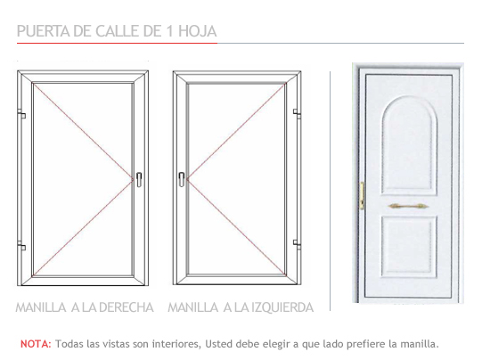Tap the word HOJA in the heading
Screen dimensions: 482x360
click(198, 31)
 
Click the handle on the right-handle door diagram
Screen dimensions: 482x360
click(139, 179)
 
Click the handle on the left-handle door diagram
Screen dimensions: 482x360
click(182, 179)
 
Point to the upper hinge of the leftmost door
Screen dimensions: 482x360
click(21, 114)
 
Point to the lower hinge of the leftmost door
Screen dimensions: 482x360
click(21, 246)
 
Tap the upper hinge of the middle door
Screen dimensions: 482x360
click(297, 113)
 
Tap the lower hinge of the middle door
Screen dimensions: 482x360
click(297, 244)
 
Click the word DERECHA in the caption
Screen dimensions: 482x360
click(127, 307)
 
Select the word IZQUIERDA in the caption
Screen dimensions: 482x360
click(282, 307)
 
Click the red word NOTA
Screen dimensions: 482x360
click(36, 344)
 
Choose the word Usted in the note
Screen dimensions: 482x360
click(216, 344)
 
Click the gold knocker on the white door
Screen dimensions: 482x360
click(408, 206)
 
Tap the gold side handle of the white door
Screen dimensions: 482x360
click(362, 195)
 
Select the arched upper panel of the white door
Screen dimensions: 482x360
click(409, 145)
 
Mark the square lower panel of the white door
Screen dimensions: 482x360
click(409, 246)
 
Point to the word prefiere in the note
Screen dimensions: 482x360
click(366, 344)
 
